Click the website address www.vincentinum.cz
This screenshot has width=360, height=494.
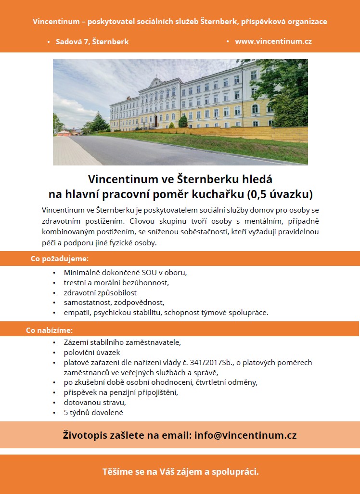click(x=273, y=41)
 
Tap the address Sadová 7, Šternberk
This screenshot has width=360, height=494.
click(x=92, y=42)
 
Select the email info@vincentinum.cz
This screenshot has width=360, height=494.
click(x=245, y=435)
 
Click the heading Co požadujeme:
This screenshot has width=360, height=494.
click(x=60, y=259)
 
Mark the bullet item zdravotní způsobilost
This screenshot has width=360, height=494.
click(x=100, y=292)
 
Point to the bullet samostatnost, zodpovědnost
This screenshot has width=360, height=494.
click(x=114, y=303)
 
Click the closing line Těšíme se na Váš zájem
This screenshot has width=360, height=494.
click(x=180, y=472)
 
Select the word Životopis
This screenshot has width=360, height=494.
click(x=87, y=435)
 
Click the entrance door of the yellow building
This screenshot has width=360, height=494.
click(x=156, y=121)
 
